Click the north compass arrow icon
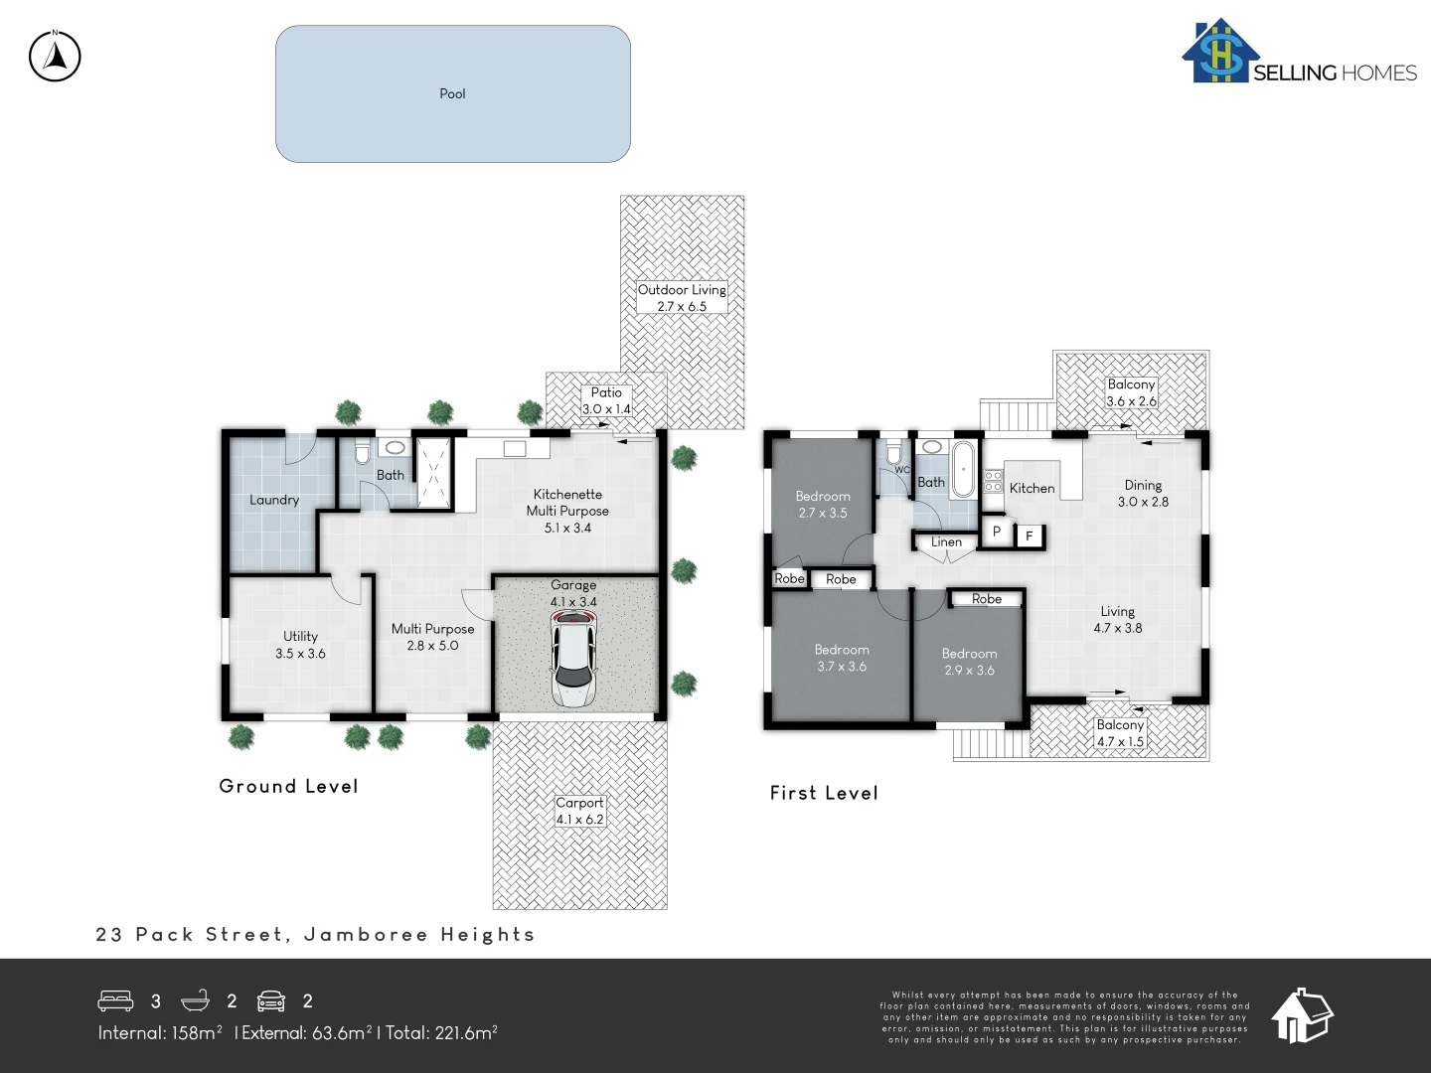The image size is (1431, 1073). click(x=55, y=56)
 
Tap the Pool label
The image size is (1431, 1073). click(x=452, y=93)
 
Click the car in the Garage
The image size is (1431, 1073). click(x=573, y=658)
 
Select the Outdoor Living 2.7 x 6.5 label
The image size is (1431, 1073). click(x=682, y=298)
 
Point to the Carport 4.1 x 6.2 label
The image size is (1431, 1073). click(x=579, y=811)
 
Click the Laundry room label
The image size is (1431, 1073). click(x=274, y=500)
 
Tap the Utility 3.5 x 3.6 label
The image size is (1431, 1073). click(x=300, y=645)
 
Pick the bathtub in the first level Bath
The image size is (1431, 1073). click(x=963, y=469)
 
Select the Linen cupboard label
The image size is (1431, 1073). click(x=946, y=541)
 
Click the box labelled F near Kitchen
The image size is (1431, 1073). click(x=1030, y=536)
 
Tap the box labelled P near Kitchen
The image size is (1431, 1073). click(x=996, y=532)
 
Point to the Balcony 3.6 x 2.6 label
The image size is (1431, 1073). click(x=1132, y=392)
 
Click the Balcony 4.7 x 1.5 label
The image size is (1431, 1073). click(x=1120, y=733)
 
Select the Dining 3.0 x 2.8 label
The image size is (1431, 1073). click(x=1143, y=493)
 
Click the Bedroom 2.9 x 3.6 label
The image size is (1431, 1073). click(x=969, y=662)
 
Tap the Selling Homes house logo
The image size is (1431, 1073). click(x=1220, y=52)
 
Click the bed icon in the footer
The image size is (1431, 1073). click(x=115, y=1000)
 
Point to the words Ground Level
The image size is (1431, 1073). click(x=288, y=786)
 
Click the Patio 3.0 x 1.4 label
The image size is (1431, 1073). click(x=606, y=400)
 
